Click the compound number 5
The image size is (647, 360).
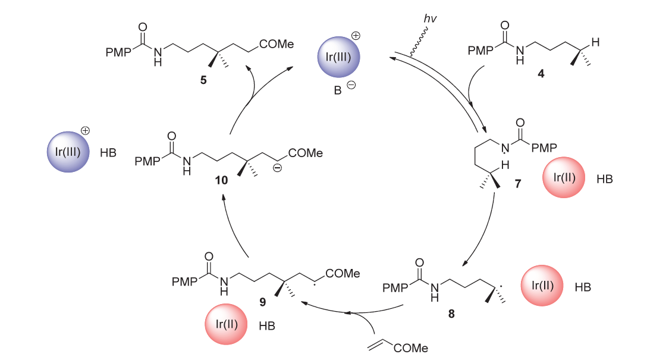[x=204, y=79]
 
